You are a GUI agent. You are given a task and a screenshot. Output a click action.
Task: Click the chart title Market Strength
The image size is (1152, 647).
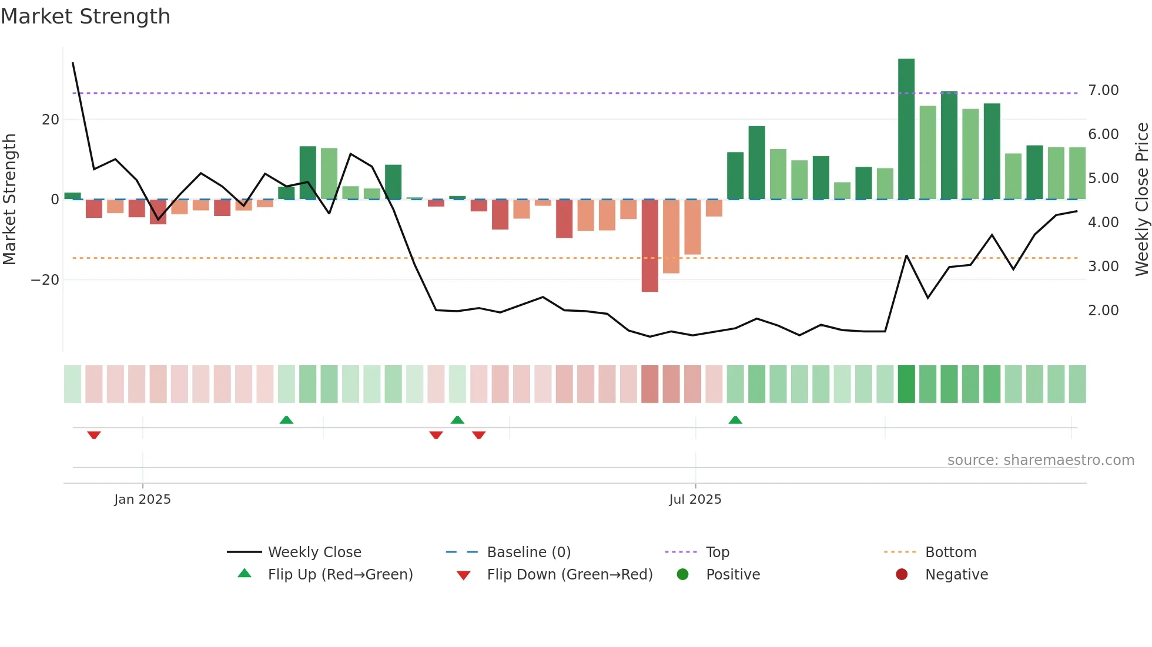point(85,16)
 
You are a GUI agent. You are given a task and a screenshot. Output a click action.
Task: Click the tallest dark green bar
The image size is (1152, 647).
point(906,129)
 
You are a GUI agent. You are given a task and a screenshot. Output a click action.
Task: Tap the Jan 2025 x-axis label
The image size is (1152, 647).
point(142,500)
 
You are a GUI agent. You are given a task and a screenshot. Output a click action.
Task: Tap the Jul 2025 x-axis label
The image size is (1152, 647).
point(695,500)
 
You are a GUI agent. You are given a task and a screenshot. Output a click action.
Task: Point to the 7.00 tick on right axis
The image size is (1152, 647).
point(1103,90)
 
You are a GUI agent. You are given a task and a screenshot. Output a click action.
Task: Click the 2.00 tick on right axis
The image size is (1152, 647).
point(1103,311)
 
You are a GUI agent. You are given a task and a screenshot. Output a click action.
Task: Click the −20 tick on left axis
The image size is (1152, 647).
point(45,280)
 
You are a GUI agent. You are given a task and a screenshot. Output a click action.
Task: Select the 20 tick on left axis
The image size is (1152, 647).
point(51,120)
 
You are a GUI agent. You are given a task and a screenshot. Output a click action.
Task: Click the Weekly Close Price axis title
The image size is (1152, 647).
point(1141,200)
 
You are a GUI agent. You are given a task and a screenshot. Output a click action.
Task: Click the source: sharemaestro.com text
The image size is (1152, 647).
point(1040,460)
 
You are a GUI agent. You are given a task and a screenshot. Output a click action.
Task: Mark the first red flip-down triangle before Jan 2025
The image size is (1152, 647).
point(94,435)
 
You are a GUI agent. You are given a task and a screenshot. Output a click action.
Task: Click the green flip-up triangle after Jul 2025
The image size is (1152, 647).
point(735,420)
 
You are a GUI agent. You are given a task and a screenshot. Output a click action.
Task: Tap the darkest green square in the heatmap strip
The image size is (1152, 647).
point(906,384)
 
